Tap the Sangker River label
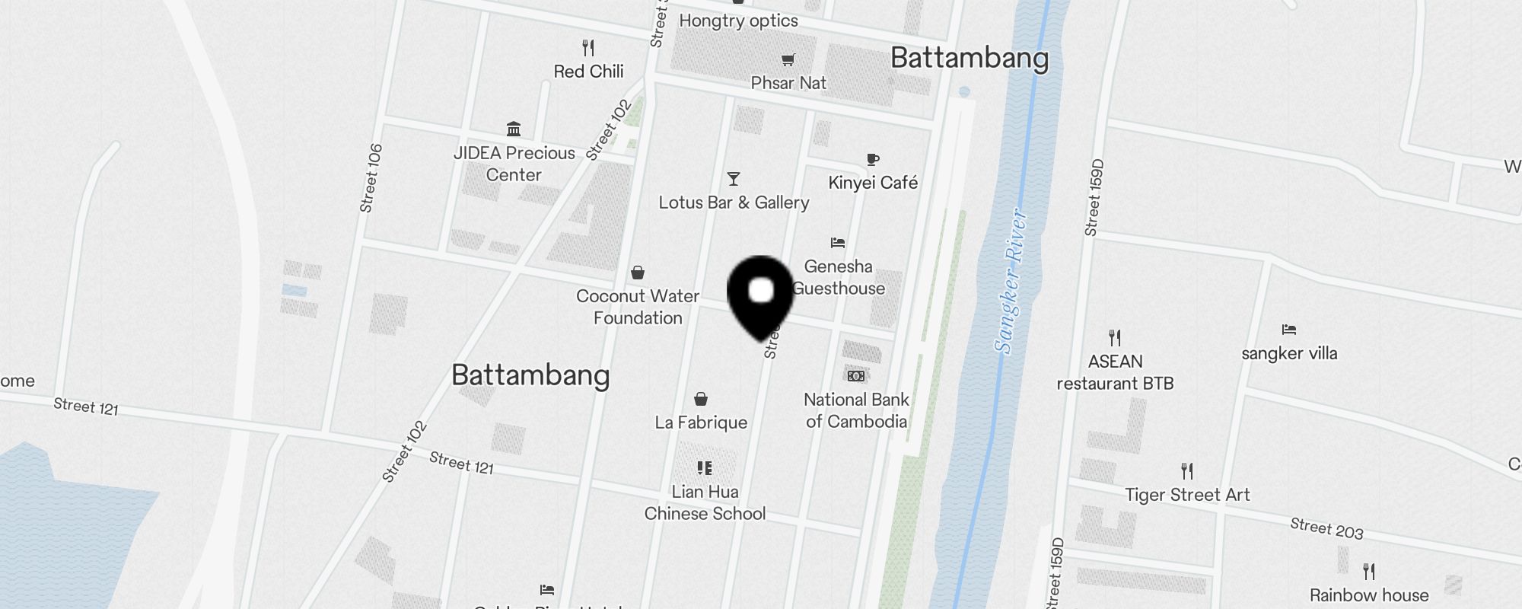1012,282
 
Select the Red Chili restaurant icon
588,48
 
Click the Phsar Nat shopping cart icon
788,59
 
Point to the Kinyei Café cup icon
873,159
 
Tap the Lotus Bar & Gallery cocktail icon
734,179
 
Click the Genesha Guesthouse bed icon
838,243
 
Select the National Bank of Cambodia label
856,410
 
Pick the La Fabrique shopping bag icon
701,399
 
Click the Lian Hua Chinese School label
705,502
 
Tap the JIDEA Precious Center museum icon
514,129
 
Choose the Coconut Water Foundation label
638,307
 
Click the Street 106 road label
371,178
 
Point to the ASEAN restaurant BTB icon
1115,337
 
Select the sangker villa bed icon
1288,330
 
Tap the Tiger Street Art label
1187,495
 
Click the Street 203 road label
1326,528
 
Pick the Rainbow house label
1368,595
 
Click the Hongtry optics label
738,21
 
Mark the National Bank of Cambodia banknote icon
856,376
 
